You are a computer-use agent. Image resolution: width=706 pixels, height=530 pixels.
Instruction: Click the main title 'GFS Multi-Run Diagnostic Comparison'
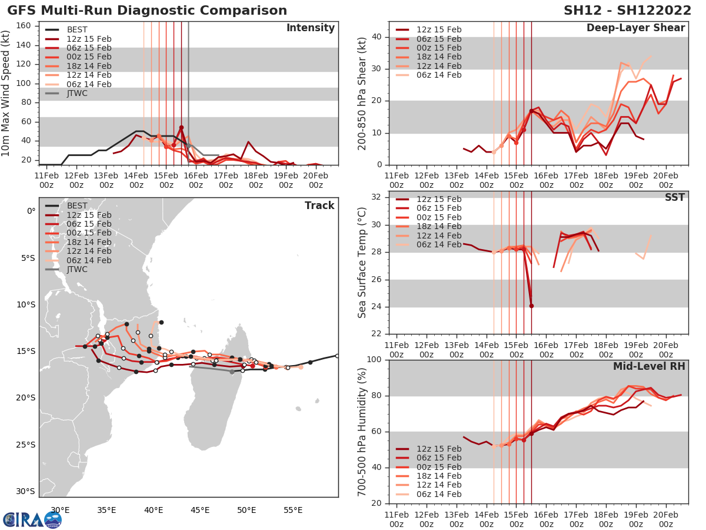[x=147, y=11]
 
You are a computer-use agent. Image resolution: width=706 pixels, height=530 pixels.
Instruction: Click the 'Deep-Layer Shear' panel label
[x=635, y=28]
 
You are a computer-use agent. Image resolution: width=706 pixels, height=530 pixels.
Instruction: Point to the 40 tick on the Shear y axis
[x=378, y=37]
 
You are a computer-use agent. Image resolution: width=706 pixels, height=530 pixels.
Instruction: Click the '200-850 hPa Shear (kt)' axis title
[x=363, y=94]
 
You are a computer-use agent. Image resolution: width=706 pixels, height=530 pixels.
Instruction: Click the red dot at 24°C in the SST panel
[x=531, y=306]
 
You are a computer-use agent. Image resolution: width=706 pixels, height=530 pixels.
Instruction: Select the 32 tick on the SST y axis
[x=378, y=197]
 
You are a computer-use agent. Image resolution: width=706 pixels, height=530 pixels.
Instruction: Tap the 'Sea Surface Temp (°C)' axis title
[x=363, y=262]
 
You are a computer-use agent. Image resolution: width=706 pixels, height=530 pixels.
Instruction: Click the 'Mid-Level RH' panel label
[x=649, y=366]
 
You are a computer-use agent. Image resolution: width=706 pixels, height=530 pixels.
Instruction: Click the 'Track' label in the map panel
[x=319, y=206]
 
